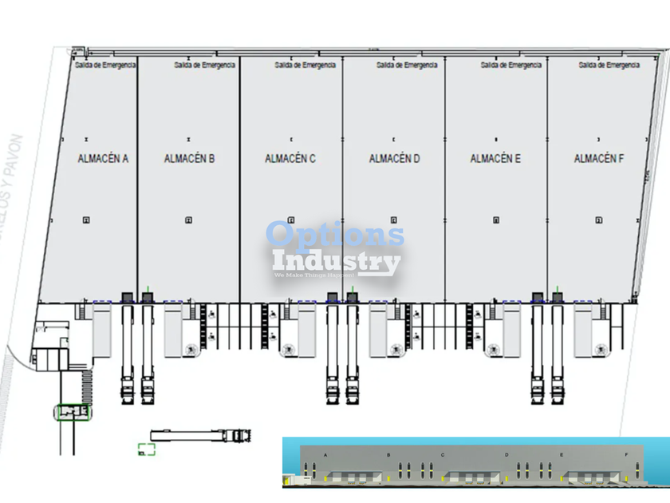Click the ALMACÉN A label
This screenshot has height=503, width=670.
103,158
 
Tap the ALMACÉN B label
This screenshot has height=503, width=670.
189,158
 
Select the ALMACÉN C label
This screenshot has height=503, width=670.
290,159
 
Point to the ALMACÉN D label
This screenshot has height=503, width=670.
394,159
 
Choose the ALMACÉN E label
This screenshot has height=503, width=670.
495,159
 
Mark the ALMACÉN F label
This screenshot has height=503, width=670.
599,159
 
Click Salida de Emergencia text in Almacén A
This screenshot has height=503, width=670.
105,65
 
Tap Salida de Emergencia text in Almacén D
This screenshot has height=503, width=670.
407,65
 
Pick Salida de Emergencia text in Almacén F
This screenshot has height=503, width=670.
609,65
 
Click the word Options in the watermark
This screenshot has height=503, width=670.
335,235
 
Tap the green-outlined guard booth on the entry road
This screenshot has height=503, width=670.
73,412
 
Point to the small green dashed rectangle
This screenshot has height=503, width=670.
145,450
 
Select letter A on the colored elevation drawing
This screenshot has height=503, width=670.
325,454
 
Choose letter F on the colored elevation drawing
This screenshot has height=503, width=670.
625,454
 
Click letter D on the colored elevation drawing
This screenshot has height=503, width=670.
506,454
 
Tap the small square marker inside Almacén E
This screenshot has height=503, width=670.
495,220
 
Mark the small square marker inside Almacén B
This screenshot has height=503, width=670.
188,220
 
